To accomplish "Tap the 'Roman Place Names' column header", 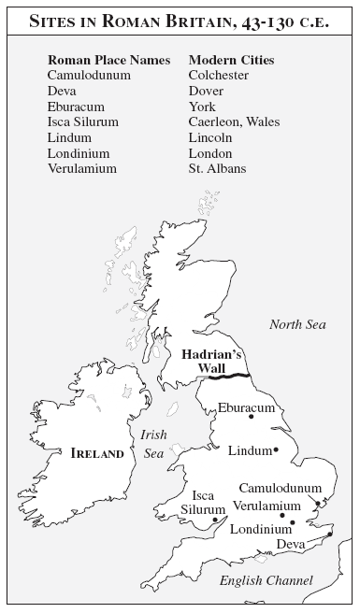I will (108, 60).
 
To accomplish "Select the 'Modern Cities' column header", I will (233, 60).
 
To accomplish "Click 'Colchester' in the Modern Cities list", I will (219, 76).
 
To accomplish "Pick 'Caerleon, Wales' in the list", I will (234, 122).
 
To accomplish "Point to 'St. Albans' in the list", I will (218, 168).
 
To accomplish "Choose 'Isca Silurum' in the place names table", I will (84, 122).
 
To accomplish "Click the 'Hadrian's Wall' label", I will (210, 361).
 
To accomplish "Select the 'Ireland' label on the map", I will (97, 453).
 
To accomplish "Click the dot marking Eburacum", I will (251, 416).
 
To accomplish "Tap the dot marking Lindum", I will (276, 450).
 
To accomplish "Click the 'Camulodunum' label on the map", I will (280, 488).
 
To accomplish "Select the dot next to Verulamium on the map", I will (282, 515).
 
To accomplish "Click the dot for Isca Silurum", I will (215, 520).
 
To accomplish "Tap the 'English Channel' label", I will (266, 581).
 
